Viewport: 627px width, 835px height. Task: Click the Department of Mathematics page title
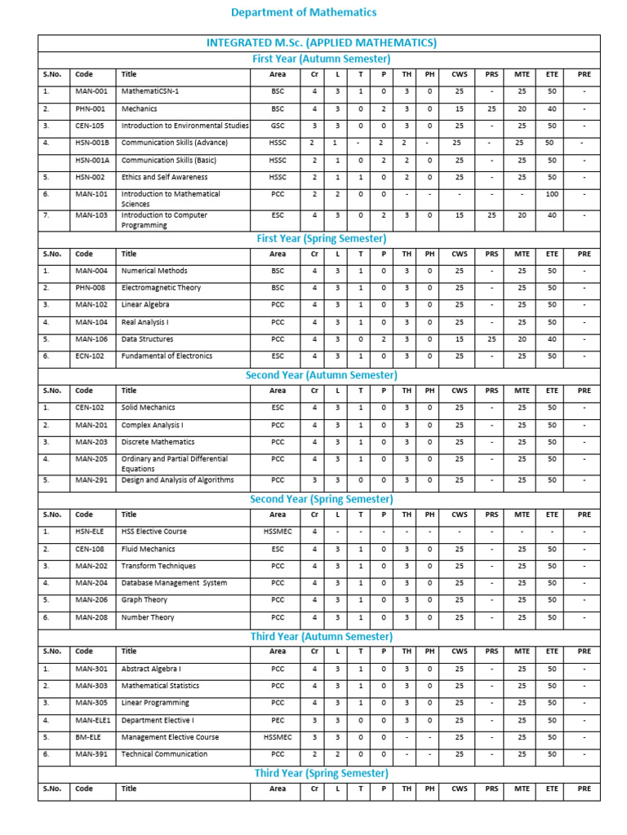coord(304,12)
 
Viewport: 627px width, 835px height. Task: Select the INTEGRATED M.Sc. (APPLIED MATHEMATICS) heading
coord(321,42)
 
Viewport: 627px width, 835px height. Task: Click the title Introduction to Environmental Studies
coord(185,126)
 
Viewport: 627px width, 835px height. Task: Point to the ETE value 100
coord(552,194)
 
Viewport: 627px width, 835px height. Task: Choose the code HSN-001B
coord(92,143)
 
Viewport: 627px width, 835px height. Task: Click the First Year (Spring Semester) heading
coord(321,238)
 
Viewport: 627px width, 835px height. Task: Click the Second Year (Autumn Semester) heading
coord(321,375)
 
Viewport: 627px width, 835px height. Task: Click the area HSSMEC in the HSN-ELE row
coord(278,532)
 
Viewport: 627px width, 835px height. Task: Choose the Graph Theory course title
coord(145,599)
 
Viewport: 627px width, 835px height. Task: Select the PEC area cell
coord(278,720)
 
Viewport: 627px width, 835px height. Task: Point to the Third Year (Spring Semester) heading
coord(321,773)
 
